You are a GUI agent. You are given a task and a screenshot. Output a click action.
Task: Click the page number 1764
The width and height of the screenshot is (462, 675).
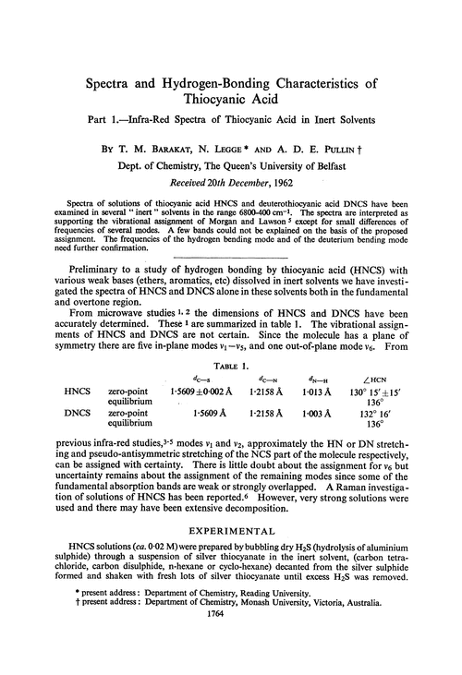coord(231,661)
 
